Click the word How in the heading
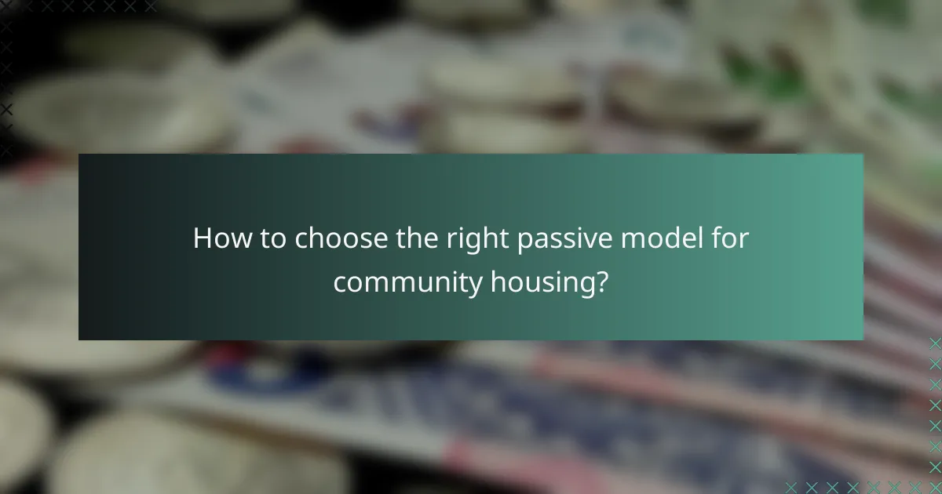(x=221, y=238)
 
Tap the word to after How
(x=274, y=238)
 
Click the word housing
(x=541, y=282)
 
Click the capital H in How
(x=203, y=238)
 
